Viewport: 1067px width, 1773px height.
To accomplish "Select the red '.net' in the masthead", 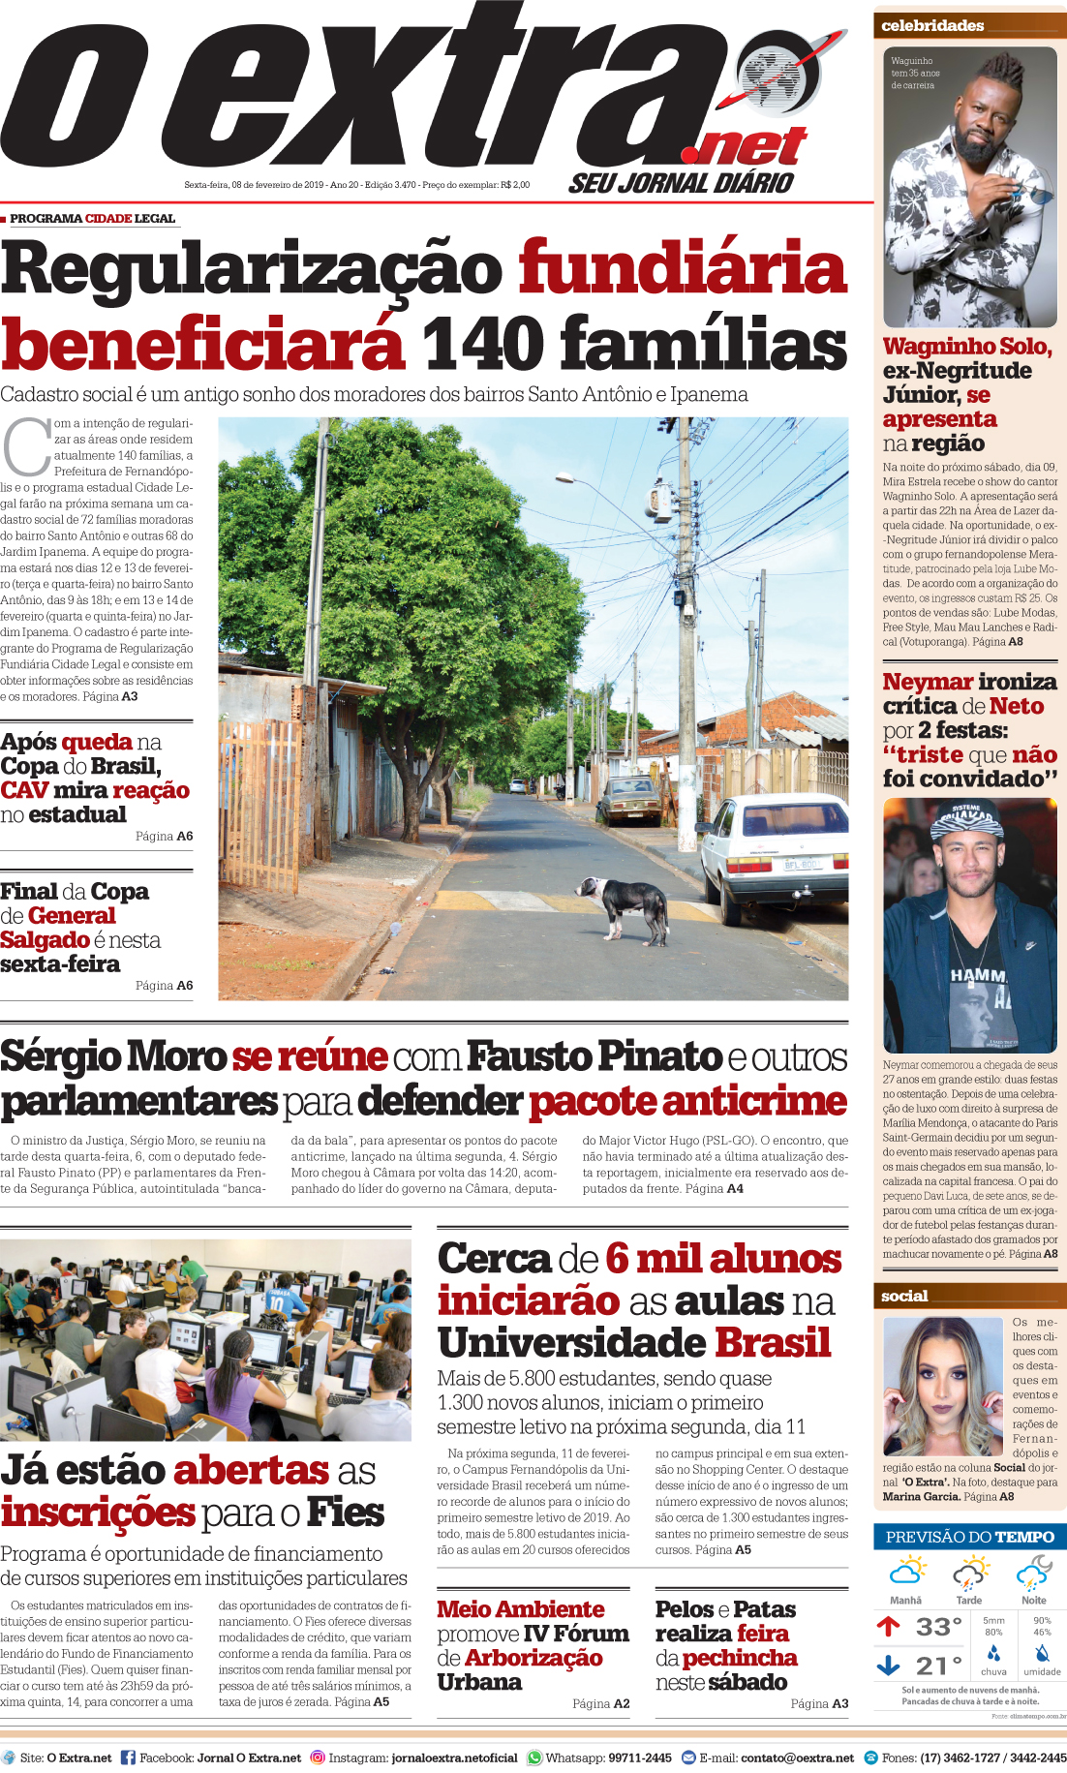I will tap(744, 147).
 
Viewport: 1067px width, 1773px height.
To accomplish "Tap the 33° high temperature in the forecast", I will tap(937, 1627).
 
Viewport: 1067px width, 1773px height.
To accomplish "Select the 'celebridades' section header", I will tap(931, 26).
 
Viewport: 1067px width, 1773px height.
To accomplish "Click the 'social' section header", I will tap(904, 1296).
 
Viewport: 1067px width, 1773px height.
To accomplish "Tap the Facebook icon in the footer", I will tap(128, 1758).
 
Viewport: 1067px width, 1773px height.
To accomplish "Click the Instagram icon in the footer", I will tap(318, 1758).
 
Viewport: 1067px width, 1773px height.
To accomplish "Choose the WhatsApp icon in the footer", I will tap(534, 1758).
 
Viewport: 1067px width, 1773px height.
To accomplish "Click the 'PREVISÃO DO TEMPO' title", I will tap(969, 1537).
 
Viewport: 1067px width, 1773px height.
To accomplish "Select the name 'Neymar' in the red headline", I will tap(928, 682).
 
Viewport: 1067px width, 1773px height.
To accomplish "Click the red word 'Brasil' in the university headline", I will tap(773, 1342).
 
